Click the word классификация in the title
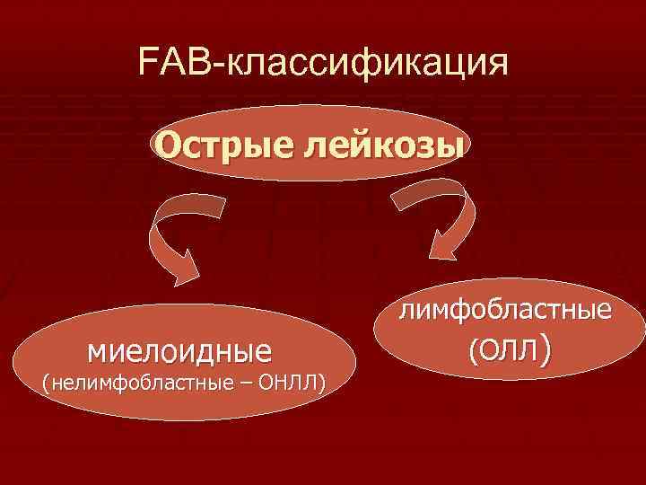click(x=368, y=66)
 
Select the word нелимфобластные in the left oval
click(x=143, y=384)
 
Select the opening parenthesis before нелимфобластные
click(x=46, y=384)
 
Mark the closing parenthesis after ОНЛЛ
click(x=321, y=384)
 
